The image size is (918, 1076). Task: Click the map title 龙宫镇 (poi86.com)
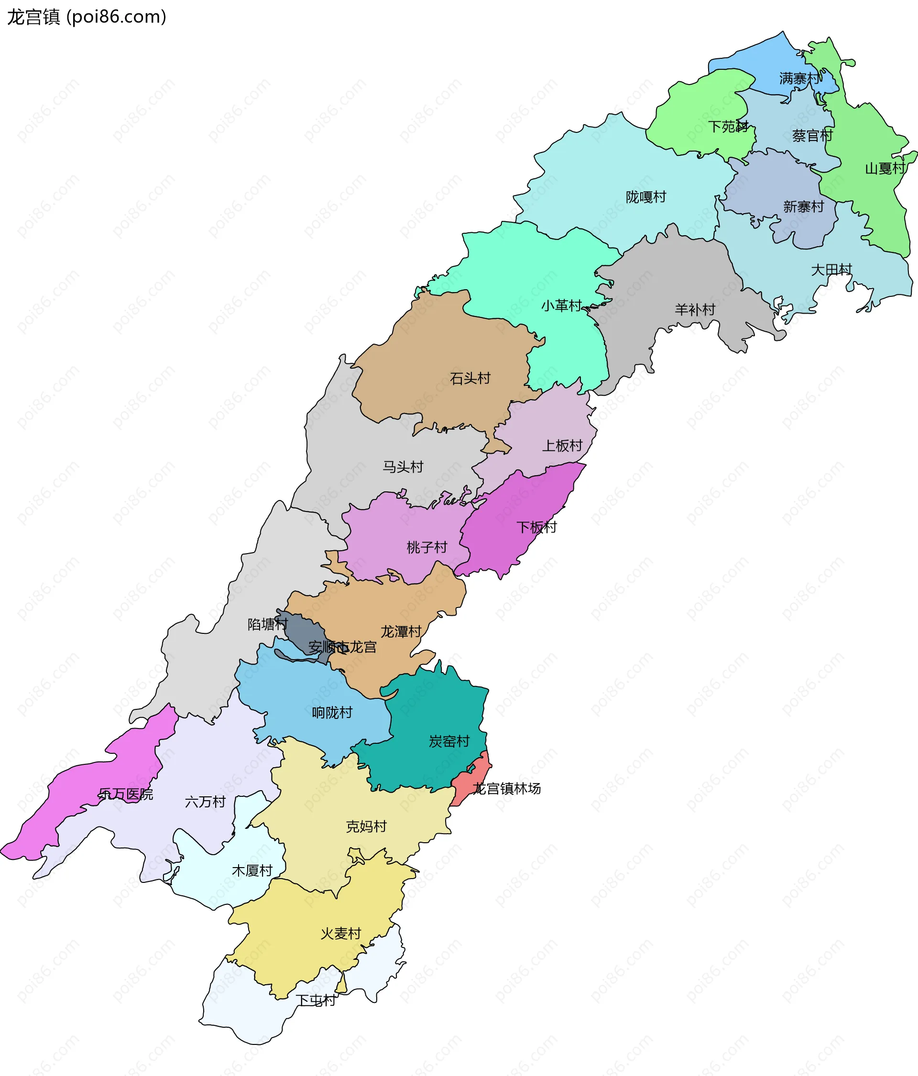[x=86, y=17]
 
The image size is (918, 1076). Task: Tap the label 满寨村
[x=800, y=78]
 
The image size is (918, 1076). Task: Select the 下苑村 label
[x=728, y=127]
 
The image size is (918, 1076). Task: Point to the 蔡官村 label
[x=812, y=136]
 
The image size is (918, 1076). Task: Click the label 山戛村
[x=885, y=169]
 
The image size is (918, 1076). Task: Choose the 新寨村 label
[x=803, y=207]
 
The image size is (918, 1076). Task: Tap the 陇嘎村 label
[x=645, y=197]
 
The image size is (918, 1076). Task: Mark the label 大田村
[x=831, y=270]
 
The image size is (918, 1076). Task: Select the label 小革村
[x=561, y=306]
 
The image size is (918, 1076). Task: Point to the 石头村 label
[x=470, y=379]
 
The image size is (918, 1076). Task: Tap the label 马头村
[x=403, y=467]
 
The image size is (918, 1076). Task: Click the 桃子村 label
[x=426, y=547]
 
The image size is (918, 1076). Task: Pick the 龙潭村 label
[x=401, y=632]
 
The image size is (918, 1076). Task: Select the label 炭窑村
[x=449, y=741]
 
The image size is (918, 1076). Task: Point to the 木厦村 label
[x=252, y=871]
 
